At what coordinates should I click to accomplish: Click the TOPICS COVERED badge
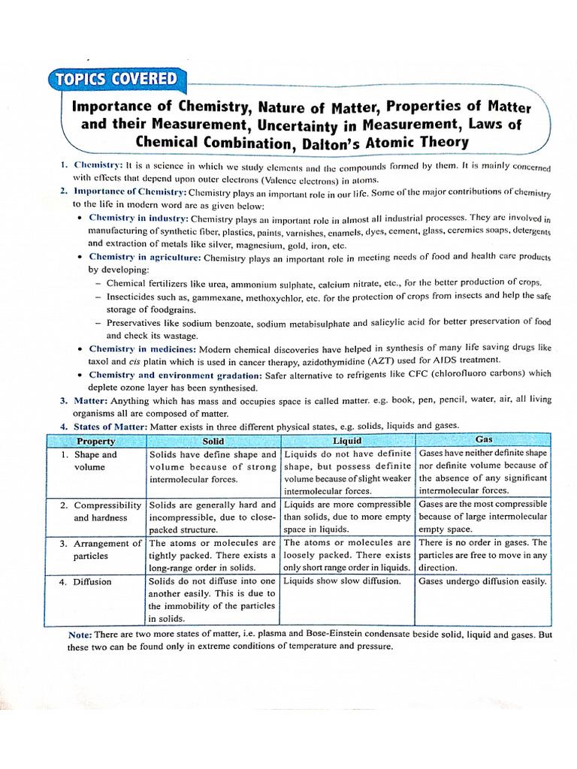pos(113,80)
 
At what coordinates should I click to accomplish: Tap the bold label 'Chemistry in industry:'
pos(138,218)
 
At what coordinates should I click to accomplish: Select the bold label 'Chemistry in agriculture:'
pos(145,257)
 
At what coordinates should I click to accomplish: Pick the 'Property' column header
pos(95,442)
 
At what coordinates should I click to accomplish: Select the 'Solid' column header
pos(213,442)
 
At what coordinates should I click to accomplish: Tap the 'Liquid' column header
pos(347,441)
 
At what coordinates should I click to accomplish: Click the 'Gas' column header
pos(484,439)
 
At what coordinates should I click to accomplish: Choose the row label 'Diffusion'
pos(92,581)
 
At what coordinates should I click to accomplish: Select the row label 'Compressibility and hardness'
pos(106,511)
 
